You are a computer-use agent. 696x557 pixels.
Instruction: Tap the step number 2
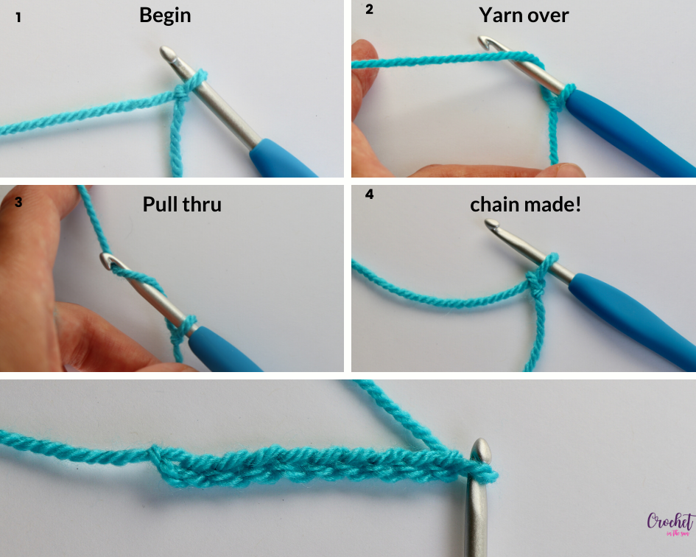coord(370,10)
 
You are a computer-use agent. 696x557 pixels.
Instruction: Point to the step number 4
coord(370,196)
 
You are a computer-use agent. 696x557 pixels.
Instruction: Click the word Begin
coord(165,15)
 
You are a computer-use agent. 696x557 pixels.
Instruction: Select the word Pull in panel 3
coord(162,203)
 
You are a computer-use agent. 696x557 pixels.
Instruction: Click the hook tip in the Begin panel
coord(167,54)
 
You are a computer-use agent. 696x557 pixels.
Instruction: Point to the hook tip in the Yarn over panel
coord(488,43)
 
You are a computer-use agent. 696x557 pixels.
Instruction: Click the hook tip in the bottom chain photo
coord(480,448)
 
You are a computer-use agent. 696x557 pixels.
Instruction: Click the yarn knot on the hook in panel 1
coord(189,91)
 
